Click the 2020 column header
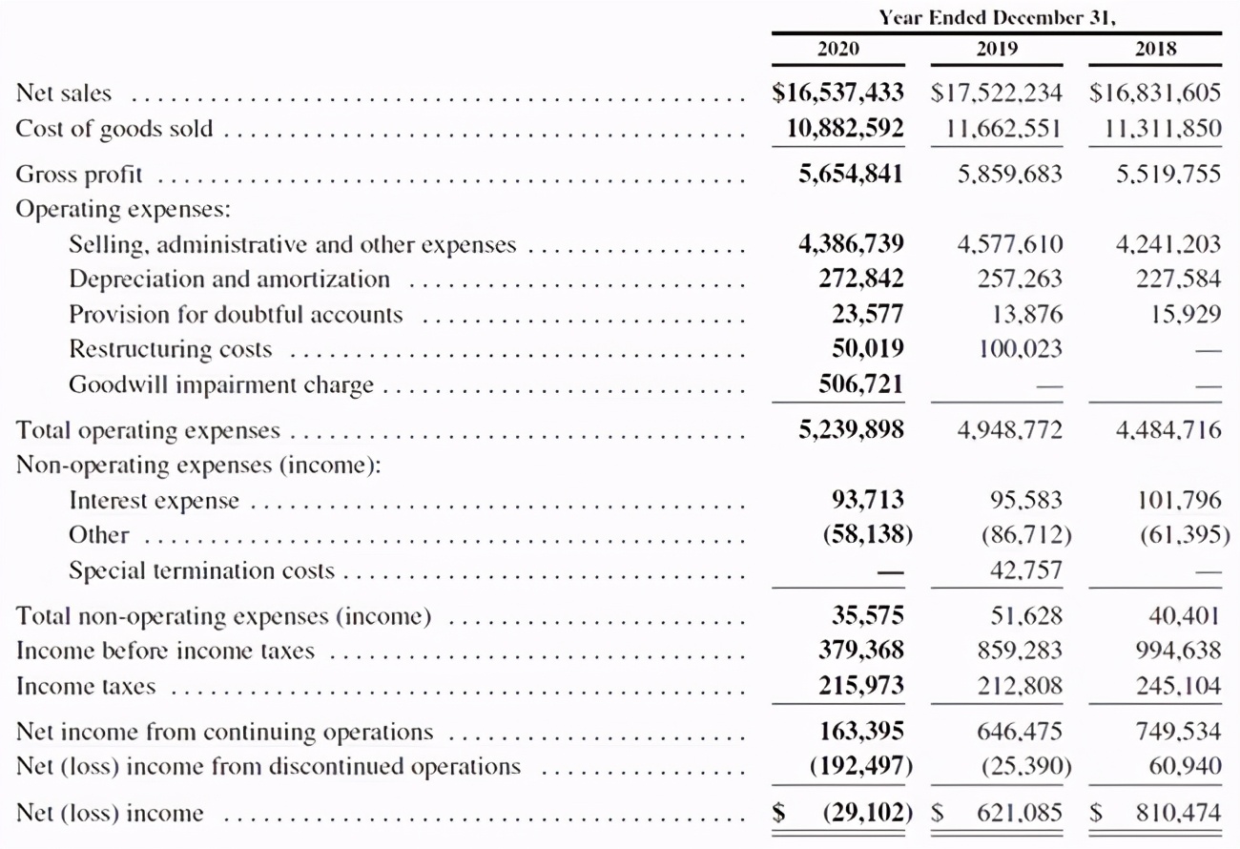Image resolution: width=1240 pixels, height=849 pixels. point(838,49)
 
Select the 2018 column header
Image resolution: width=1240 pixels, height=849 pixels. point(1156,49)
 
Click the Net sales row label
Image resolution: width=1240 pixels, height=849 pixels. point(63,93)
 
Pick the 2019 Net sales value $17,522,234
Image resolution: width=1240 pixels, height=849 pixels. point(997,93)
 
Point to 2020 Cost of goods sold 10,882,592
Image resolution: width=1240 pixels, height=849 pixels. point(838,128)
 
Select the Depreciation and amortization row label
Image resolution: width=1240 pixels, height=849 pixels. point(229,280)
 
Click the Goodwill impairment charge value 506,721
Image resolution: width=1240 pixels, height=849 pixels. point(861,384)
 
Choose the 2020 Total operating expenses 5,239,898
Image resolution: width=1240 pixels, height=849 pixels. point(851,430)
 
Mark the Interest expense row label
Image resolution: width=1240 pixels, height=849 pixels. point(154,501)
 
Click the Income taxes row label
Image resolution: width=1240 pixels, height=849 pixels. point(85,686)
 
